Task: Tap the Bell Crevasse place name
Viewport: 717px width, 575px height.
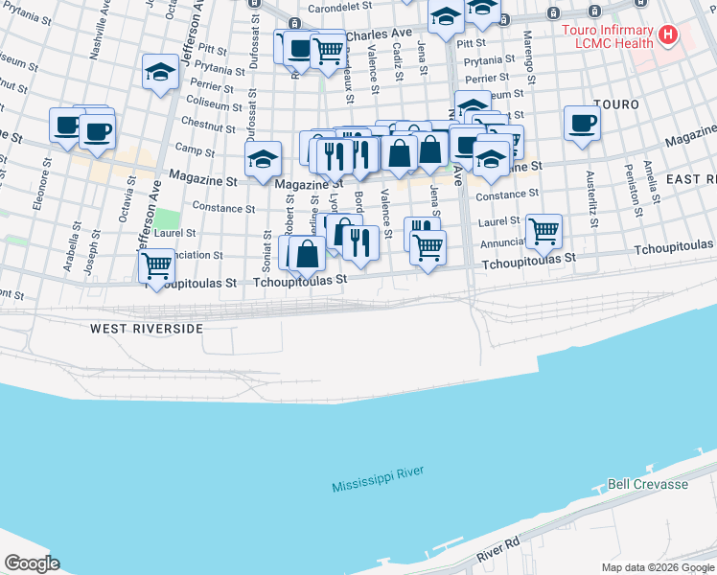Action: pyautogui.click(x=648, y=484)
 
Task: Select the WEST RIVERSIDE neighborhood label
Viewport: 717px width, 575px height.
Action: pyautogui.click(x=147, y=329)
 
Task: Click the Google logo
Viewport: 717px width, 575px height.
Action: pyautogui.click(x=31, y=563)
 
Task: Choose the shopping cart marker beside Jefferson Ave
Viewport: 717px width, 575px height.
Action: pyautogui.click(x=156, y=266)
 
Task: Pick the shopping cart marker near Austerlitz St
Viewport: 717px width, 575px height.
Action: pyautogui.click(x=544, y=230)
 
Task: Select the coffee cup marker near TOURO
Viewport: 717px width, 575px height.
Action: pyautogui.click(x=582, y=124)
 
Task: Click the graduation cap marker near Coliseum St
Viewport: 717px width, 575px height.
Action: pyautogui.click(x=161, y=73)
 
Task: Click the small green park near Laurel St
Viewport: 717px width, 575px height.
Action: pyautogui.click(x=168, y=218)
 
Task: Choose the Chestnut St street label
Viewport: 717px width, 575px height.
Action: pyautogui.click(x=201, y=124)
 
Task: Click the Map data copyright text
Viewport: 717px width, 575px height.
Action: pyautogui.click(x=658, y=567)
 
